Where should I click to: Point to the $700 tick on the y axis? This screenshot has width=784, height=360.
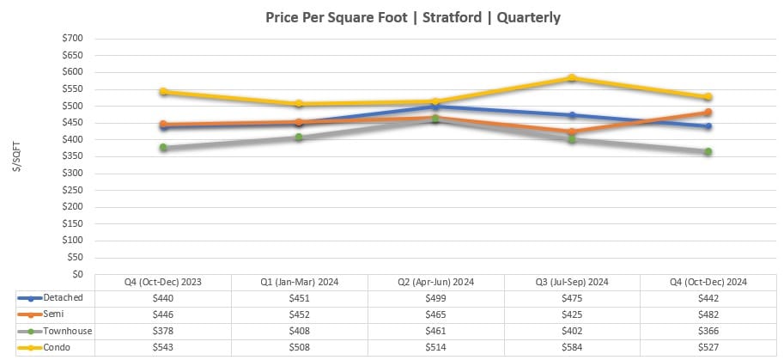point(72,39)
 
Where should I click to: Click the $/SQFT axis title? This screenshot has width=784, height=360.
point(17,156)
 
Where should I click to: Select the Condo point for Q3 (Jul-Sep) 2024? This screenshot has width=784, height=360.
point(572,78)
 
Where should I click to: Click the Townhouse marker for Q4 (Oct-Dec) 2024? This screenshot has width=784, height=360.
point(708,151)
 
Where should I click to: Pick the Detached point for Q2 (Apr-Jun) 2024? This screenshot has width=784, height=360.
point(435,107)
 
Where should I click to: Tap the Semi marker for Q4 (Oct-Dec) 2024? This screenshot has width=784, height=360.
point(708,113)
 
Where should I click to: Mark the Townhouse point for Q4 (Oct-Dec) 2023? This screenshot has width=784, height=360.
point(163,148)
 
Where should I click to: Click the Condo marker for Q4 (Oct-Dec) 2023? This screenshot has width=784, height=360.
point(163,92)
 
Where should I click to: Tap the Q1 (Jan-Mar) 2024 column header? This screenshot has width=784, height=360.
point(299,282)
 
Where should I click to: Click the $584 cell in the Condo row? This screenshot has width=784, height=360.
point(572,347)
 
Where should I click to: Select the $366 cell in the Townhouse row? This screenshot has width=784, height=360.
point(708,331)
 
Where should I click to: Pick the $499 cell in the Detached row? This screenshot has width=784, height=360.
point(435,298)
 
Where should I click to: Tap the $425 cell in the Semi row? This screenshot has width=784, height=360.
point(572,314)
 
